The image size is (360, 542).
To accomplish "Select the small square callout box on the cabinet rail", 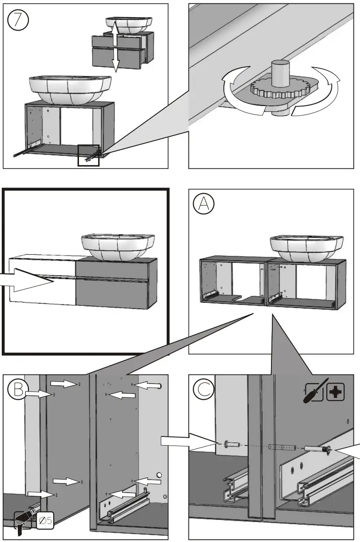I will (x=88, y=155).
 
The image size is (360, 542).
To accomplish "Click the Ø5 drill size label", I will (x=45, y=521).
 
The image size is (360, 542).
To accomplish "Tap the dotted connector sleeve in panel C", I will (x=282, y=447).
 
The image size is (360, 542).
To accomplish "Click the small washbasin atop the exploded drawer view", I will (x=129, y=24).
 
